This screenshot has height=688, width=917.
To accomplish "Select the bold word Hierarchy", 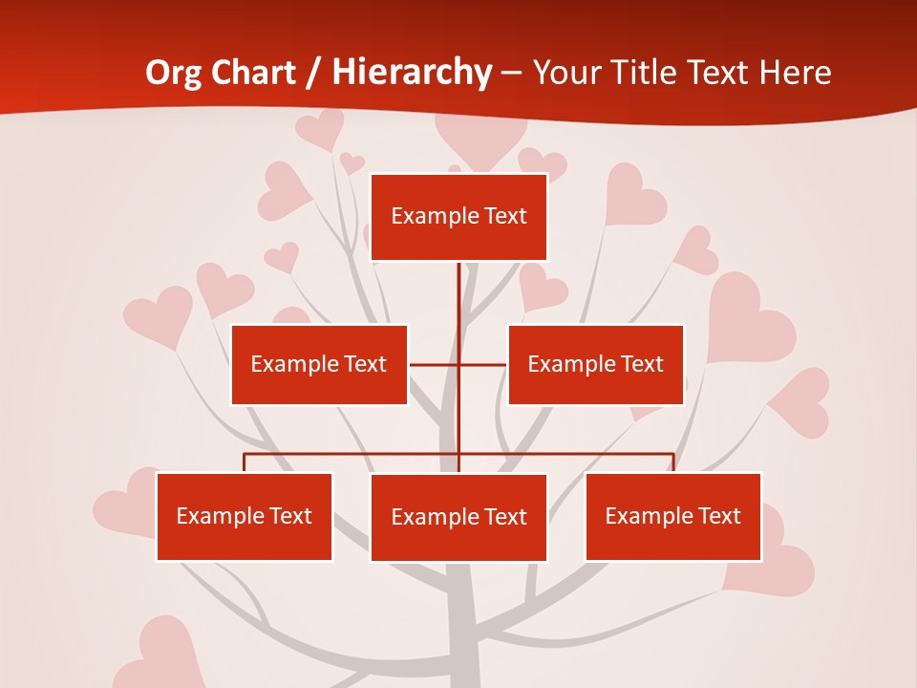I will pyautogui.click(x=412, y=73).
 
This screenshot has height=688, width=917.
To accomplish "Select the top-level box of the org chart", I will pyautogui.click(x=458, y=217).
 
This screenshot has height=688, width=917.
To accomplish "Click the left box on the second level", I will pyautogui.click(x=319, y=364).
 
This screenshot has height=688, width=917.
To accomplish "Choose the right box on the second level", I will pyautogui.click(x=595, y=364).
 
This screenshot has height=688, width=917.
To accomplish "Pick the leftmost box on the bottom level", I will pyautogui.click(x=244, y=516).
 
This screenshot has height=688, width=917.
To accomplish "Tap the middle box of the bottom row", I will pyautogui.click(x=458, y=517).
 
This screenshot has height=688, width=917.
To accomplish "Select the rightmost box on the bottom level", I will pyautogui.click(x=672, y=516).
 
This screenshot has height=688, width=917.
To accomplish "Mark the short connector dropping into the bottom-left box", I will pyautogui.click(x=244, y=462).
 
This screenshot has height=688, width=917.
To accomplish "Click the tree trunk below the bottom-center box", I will pyautogui.click(x=462, y=621).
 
